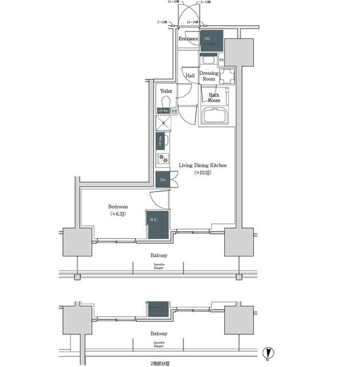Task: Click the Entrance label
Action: click(187, 39)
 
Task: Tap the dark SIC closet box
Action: click(210, 40)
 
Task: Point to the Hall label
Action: click(190, 75)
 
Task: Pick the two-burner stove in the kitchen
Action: click(163, 158)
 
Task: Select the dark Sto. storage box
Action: click(162, 179)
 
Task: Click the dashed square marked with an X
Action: click(163, 123)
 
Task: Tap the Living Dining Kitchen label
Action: click(203, 165)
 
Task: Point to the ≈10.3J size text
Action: click(203, 173)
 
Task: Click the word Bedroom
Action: click(118, 206)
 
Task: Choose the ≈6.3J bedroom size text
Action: click(118, 214)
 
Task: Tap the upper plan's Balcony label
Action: click(159, 255)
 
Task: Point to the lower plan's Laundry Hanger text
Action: click(159, 344)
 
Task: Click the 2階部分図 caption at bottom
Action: click(159, 362)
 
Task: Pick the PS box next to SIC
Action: click(221, 60)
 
